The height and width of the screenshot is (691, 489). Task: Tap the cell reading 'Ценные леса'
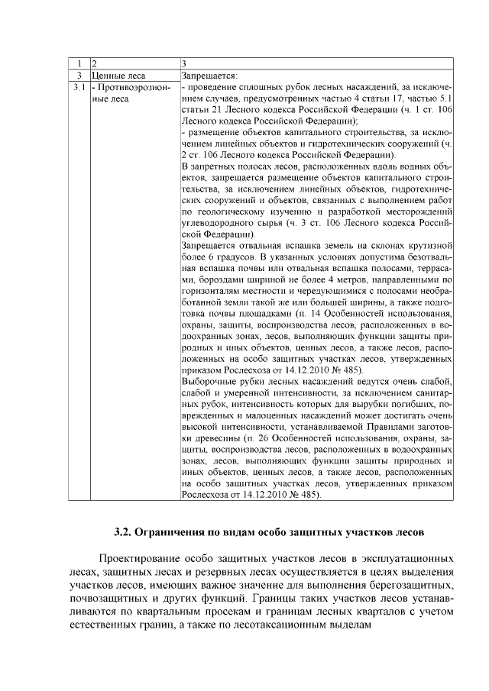tap(118, 76)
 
